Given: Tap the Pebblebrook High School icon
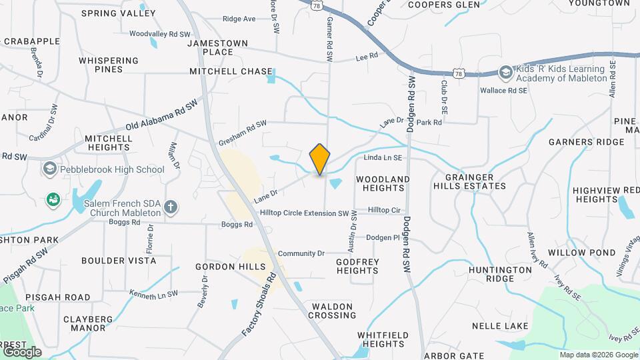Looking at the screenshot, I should [49, 169].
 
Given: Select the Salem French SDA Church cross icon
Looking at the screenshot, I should [171, 207].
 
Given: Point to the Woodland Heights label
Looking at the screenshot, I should [383, 184].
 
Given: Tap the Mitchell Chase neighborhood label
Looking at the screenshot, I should [231, 71].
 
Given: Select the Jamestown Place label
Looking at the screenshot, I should [219, 47].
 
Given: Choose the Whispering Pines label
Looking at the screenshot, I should [109, 65].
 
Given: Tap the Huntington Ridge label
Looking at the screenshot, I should [499, 275].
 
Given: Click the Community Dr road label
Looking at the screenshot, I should [301, 253].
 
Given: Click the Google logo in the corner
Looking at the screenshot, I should [22, 351].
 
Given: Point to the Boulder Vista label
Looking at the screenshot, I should [119, 261].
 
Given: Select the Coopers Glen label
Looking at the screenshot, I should [443, 5].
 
